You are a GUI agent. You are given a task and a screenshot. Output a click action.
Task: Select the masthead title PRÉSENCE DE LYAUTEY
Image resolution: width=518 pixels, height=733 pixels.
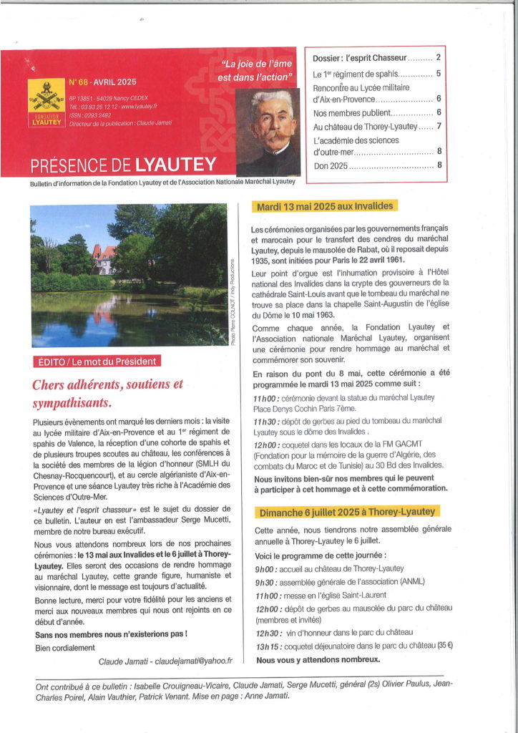[123, 165]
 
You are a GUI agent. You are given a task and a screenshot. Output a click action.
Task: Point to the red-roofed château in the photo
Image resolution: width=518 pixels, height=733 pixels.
[103, 258]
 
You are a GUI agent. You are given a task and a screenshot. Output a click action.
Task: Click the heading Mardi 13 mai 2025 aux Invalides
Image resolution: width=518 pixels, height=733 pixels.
[322, 207]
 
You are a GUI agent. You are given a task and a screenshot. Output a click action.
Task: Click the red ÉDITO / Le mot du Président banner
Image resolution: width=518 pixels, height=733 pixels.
[97, 361]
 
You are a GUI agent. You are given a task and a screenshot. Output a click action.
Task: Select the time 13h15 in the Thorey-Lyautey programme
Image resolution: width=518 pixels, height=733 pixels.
[266, 646]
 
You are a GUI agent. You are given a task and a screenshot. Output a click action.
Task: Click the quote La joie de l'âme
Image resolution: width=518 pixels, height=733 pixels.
[257, 65]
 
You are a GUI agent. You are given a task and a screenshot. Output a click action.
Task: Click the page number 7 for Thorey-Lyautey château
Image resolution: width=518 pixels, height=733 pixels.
[439, 127]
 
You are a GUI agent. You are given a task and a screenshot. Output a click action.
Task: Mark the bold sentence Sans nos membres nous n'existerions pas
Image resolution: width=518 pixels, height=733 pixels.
[111, 634]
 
